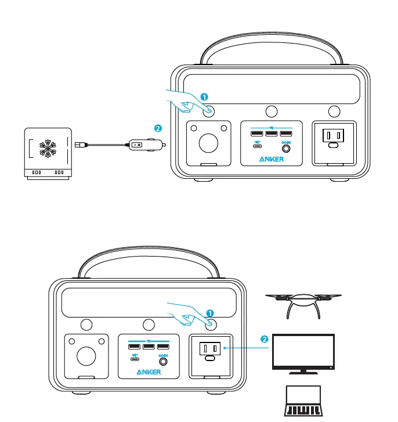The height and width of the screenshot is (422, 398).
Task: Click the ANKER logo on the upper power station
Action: pyautogui.click(x=272, y=160)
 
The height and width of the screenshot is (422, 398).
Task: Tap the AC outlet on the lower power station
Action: pyautogui.click(x=211, y=349)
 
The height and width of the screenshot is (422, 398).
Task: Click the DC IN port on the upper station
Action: pyautogui.click(x=286, y=148)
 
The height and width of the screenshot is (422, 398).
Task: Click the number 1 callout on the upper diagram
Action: pyautogui.click(x=204, y=97)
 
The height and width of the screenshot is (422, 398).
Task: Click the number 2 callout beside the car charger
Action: pyautogui.click(x=157, y=128)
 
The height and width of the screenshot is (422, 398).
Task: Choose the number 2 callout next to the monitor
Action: pyautogui.click(x=265, y=340)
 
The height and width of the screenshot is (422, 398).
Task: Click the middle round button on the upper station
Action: pyautogui.click(x=271, y=111)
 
